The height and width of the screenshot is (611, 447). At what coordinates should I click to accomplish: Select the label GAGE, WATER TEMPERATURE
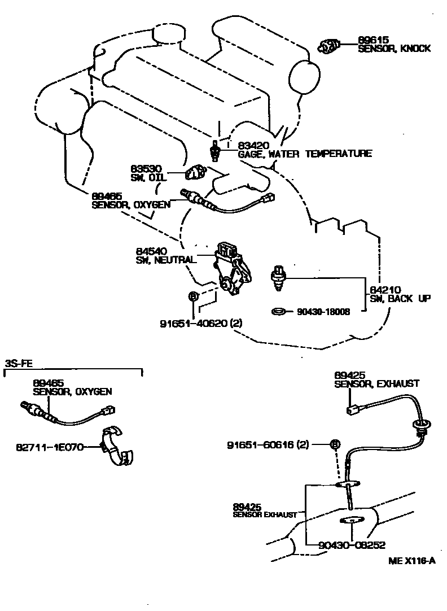[x=305, y=154]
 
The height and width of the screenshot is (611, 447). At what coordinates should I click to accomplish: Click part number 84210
[x=385, y=290]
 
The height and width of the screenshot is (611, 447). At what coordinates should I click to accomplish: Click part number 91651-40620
[x=192, y=324]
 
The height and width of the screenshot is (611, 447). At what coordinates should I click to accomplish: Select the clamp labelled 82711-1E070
[x=117, y=447]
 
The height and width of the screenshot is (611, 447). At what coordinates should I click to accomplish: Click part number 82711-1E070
[x=50, y=447]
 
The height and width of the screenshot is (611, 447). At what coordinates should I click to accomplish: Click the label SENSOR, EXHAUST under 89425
[x=376, y=383]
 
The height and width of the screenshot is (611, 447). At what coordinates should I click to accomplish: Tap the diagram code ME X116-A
[x=412, y=561]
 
